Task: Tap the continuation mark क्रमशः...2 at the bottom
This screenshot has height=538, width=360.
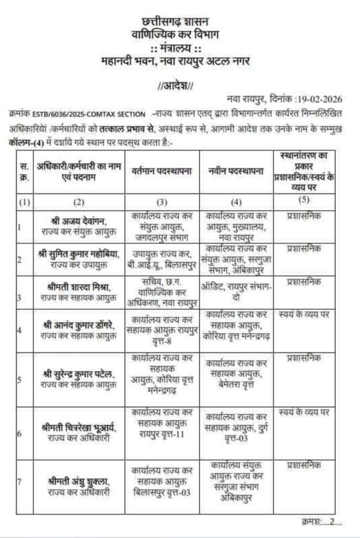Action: tap(322, 521)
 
